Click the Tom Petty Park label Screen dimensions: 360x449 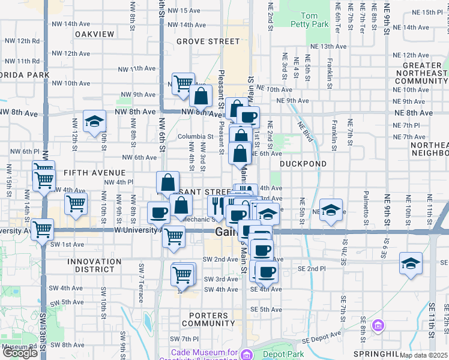click(x=315, y=20)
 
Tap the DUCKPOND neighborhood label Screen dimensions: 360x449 click(x=303, y=163)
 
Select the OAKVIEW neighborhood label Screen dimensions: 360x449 click(x=94, y=34)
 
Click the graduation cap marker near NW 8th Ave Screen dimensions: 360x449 click(x=94, y=121)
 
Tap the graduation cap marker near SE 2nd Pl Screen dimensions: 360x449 click(x=411, y=263)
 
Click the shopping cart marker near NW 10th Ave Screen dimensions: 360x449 click(x=183, y=83)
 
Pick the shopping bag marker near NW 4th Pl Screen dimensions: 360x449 click(x=168, y=183)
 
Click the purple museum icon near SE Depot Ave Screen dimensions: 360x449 click(x=378, y=326)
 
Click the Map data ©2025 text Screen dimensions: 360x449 click(x=424, y=355)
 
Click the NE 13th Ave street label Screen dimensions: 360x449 click(x=327, y=46)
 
